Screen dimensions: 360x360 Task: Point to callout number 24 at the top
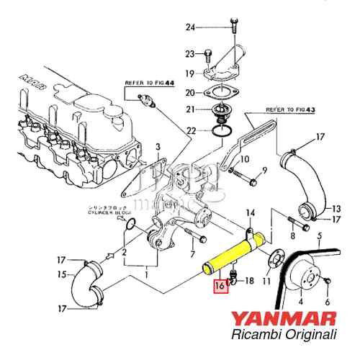(x=190, y=27)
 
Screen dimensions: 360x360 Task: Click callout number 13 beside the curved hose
(x=336, y=210)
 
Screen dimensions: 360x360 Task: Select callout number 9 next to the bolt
(x=264, y=171)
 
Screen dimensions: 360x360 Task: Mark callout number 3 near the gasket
(x=158, y=146)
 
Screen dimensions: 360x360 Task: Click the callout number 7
(x=193, y=255)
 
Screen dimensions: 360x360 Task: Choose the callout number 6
(x=328, y=303)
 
